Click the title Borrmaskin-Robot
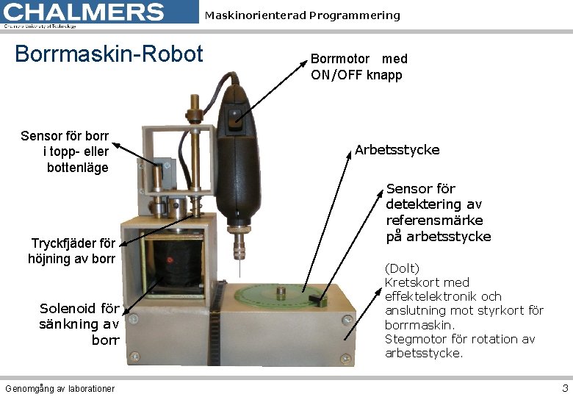tap(109, 54)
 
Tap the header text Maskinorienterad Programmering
tap(302, 15)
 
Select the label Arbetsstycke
tap(397, 150)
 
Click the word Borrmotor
tap(340, 59)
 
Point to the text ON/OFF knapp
tap(356, 75)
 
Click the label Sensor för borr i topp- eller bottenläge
tap(65, 151)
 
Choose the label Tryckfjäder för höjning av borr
tap(72, 251)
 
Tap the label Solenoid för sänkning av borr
tap(79, 324)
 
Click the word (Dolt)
tap(402, 268)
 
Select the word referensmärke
tap(434, 221)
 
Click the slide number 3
tap(564, 388)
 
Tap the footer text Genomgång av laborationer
tap(60, 388)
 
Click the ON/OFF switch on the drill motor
tap(234, 114)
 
